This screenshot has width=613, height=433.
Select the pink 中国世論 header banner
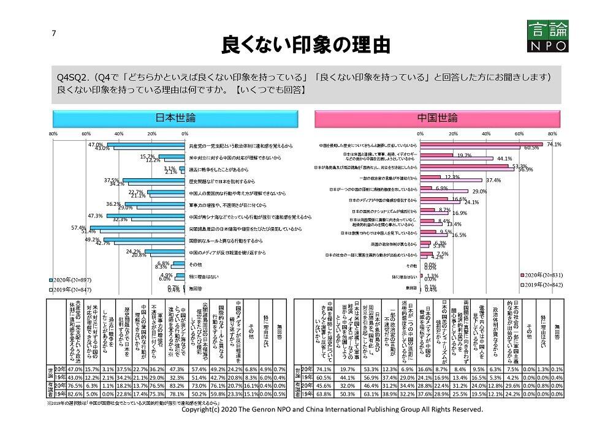click(x=437, y=117)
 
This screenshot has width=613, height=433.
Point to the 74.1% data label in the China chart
click(x=554, y=144)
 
